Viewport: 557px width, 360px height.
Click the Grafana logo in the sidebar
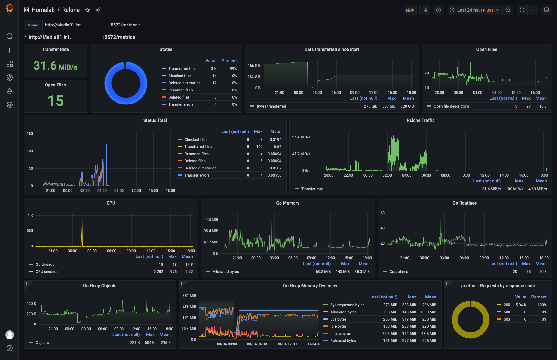10,8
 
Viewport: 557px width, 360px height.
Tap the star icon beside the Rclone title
87,10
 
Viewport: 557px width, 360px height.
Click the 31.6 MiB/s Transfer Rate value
55,66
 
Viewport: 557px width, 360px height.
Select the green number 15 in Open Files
55,101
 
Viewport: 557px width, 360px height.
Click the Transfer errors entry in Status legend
181,104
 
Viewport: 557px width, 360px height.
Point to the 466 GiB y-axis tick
254,66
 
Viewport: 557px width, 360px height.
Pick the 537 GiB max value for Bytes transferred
389,106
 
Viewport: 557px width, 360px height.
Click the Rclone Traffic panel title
420,120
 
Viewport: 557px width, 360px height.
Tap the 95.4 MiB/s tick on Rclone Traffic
301,137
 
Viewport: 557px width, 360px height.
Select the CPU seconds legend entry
47,272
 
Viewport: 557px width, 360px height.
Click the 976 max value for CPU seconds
173,272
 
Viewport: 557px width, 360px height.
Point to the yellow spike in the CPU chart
82,230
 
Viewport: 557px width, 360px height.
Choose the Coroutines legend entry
399,272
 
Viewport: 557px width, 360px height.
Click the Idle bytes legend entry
338,326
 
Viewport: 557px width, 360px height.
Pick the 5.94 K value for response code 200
521,305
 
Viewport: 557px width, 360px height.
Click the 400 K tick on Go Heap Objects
31,304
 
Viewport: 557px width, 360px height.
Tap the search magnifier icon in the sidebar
10,36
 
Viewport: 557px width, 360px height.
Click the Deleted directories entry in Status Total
200,168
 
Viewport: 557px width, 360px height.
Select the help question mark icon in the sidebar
10,348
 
